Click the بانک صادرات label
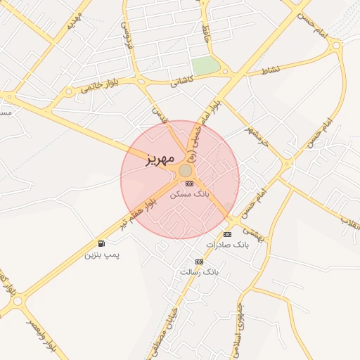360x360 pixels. tap(227, 244)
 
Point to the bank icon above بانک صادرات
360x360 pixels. tap(227, 234)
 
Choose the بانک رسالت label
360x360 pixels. tap(200, 271)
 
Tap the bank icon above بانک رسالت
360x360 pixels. tap(200, 262)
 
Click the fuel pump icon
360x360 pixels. tap(102, 244)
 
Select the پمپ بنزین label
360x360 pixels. tap(103, 254)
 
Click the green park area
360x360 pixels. tap(205, 65)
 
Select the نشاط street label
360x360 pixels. tap(271, 70)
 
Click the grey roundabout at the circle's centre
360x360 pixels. tap(185, 171)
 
